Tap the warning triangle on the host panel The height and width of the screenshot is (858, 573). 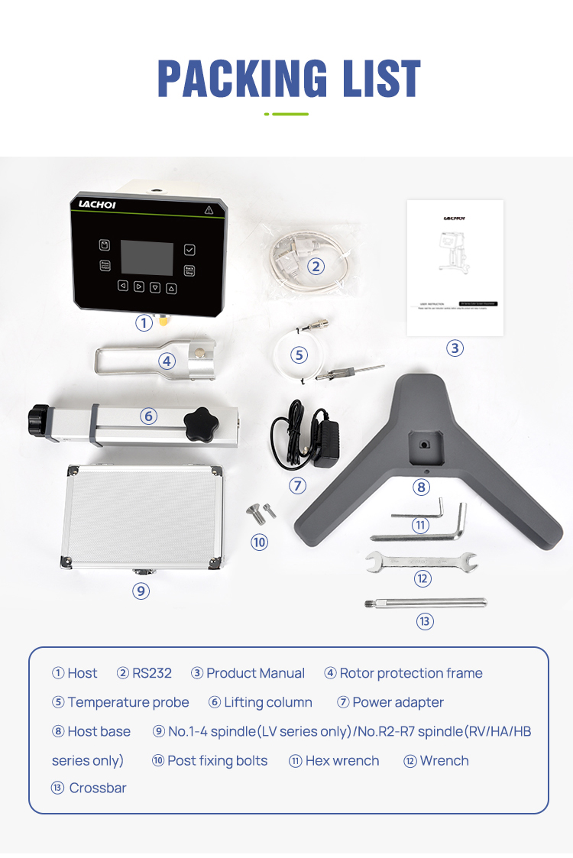[x=209, y=209]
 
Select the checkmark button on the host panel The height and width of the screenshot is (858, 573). [x=189, y=249]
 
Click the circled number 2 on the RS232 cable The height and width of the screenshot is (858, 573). [x=316, y=266]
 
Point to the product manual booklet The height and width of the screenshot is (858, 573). [x=455, y=267]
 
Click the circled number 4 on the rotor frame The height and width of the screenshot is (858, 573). [x=167, y=361]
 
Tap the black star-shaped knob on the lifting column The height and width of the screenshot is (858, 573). [x=202, y=425]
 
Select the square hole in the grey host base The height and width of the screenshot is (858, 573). [x=422, y=441]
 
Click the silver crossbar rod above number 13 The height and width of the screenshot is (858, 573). [x=426, y=603]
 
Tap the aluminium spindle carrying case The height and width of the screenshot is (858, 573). [x=141, y=517]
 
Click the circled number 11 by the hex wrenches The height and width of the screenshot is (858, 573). [x=420, y=525]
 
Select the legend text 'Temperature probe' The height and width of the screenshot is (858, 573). [x=128, y=702]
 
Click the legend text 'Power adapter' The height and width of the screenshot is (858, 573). [x=398, y=702]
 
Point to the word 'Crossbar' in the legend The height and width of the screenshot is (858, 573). [x=98, y=788]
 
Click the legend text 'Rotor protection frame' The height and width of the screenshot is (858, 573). [x=411, y=673]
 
